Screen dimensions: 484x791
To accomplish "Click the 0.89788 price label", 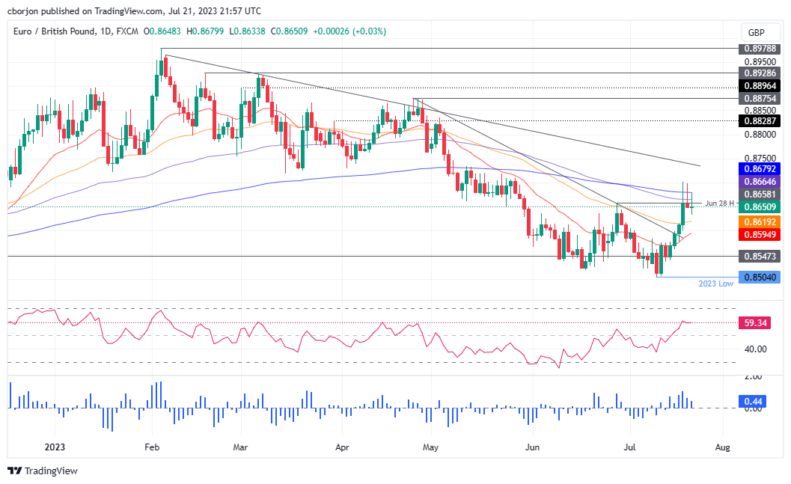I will click(760, 49).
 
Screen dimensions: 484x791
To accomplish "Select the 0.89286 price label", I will click(760, 73).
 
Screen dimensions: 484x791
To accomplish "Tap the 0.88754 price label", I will click(760, 98).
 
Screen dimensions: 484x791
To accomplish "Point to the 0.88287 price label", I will click(760, 120).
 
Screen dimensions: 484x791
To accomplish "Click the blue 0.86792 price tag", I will click(760, 169).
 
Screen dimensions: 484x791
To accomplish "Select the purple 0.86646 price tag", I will click(760, 181).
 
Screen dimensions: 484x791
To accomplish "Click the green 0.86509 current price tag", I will click(760, 206).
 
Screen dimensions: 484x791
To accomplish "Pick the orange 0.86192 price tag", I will click(760, 222).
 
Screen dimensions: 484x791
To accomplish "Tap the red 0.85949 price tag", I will click(760, 234).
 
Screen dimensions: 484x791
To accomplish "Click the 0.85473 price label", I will click(760, 256).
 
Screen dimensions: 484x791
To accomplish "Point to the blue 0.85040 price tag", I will click(760, 277).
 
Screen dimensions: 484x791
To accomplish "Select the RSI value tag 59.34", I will click(755, 323).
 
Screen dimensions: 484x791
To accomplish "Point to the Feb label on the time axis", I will click(152, 447).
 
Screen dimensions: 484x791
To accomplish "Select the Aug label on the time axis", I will click(722, 447).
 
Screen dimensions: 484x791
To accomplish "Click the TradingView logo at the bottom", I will click(43, 471).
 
